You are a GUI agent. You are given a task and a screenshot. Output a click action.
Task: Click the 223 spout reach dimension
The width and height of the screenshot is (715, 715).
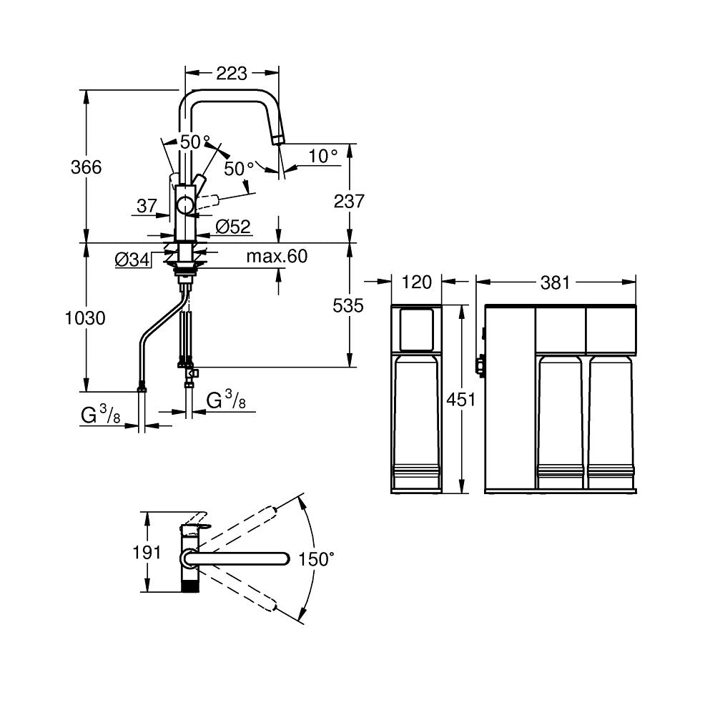pyautogui.click(x=231, y=73)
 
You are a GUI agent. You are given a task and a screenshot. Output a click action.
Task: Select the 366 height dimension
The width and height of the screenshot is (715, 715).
pyautogui.click(x=87, y=167)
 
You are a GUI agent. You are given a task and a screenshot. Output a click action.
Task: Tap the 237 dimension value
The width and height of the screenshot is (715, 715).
pyautogui.click(x=349, y=201)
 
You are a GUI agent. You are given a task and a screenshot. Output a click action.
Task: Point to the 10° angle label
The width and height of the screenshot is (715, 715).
pyautogui.click(x=323, y=157)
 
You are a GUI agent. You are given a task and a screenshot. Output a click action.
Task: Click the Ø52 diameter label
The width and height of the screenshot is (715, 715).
pyautogui.click(x=233, y=227)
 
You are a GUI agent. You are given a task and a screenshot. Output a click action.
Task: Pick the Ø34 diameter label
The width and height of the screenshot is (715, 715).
pyautogui.click(x=132, y=260)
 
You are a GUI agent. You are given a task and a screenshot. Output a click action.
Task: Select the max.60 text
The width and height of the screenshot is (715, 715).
pyautogui.click(x=277, y=256)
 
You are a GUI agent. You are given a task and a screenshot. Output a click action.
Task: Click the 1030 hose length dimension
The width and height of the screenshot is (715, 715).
pyautogui.click(x=85, y=318)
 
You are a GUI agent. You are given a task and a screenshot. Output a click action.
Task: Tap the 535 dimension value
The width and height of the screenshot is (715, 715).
pyautogui.click(x=348, y=305)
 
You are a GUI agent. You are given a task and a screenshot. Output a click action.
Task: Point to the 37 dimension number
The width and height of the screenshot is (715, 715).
pyautogui.click(x=147, y=206)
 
